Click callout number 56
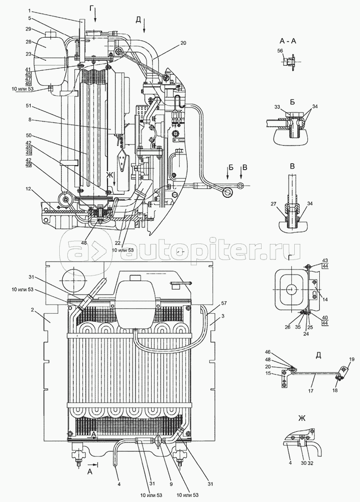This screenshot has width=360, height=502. point(280,51)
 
